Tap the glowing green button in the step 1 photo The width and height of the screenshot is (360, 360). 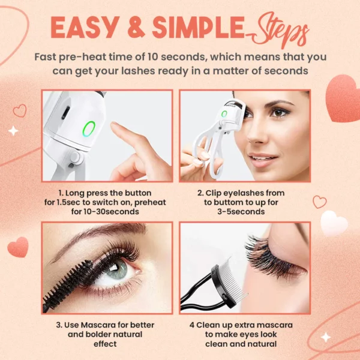click(x=89, y=128)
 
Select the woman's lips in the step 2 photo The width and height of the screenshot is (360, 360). click(x=262, y=160)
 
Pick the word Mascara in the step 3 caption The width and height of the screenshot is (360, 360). click(x=95, y=325)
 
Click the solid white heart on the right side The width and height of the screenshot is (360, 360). click(x=333, y=224)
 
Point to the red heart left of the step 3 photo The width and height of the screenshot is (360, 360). click(x=18, y=246)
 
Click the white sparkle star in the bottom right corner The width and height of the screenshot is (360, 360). click(x=326, y=337)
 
